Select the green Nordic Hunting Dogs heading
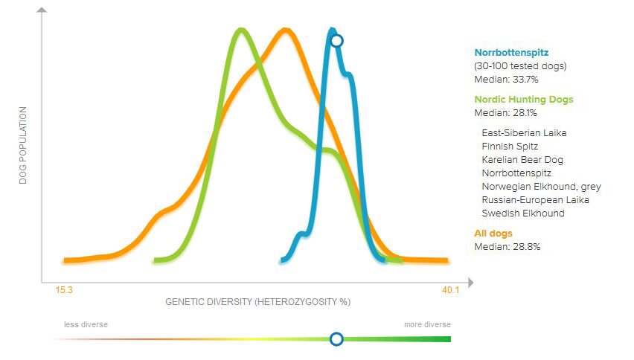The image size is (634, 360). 524,100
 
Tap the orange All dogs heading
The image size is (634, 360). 493,234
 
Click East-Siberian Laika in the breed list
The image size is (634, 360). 524,133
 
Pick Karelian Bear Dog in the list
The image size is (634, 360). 522,160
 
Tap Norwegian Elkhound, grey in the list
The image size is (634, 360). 541,187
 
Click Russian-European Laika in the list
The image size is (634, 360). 535,200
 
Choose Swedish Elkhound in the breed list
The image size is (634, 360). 522,213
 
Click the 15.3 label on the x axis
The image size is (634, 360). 64,290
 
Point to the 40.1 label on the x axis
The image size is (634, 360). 451,290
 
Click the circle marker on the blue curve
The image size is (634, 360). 336,40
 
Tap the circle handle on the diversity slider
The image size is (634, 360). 336,339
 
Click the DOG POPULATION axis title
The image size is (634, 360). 22,145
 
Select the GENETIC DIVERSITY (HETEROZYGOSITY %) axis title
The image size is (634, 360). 257,303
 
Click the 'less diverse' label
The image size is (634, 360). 86,325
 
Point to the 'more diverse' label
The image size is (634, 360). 427,325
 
